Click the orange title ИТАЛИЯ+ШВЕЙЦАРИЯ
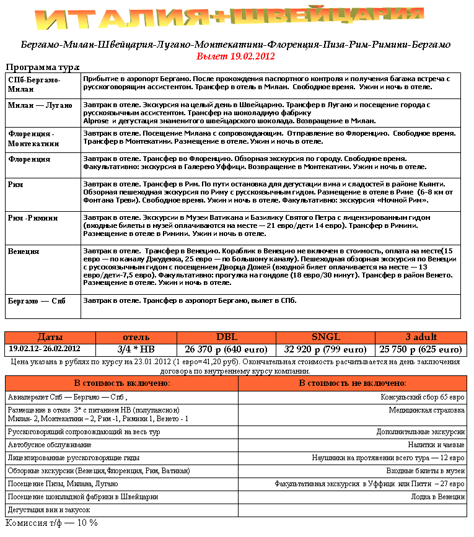pos(235,19)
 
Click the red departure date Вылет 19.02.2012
pos(235,56)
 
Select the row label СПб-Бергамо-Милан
pos(34,84)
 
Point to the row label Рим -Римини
pos(33,218)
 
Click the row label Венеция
pos(24,251)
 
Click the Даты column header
pos(50,337)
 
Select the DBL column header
pos(226,337)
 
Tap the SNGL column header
pos(325,337)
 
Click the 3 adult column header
pos(421,337)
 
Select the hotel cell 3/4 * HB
pos(136,349)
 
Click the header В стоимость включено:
pos(121,383)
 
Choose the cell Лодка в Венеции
pos(438,496)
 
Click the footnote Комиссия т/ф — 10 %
pos(51,523)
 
